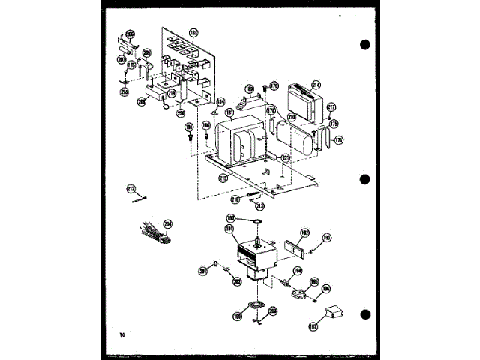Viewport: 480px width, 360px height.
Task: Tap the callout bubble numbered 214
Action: click(x=316, y=84)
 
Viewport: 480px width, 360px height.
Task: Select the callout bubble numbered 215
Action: click(x=223, y=178)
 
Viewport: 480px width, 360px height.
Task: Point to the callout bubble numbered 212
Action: click(x=130, y=188)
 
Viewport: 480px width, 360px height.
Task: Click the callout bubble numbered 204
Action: click(x=168, y=223)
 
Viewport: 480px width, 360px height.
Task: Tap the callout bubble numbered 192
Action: click(x=305, y=232)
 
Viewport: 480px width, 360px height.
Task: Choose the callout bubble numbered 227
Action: click(x=285, y=157)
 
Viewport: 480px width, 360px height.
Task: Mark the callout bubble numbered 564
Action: click(x=220, y=101)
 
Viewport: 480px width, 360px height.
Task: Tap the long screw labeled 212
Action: click(x=139, y=199)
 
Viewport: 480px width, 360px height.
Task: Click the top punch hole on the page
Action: click(x=366, y=44)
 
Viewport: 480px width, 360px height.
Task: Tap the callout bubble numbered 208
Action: click(x=142, y=100)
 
